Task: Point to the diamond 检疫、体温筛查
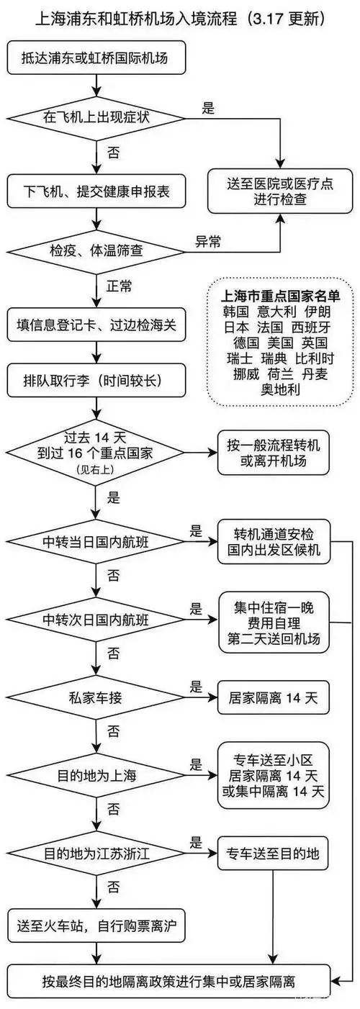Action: click(x=97, y=251)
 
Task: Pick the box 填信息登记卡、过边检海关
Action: click(x=97, y=323)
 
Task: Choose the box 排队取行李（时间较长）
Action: click(x=97, y=377)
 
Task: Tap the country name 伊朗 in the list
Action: click(x=318, y=312)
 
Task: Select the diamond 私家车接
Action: click(x=97, y=697)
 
